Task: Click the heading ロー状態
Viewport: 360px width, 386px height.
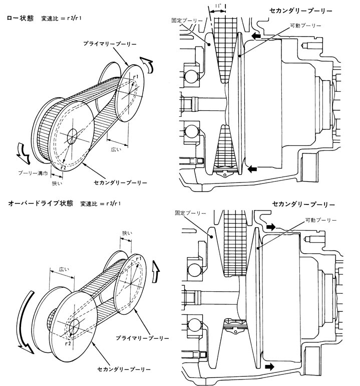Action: pyautogui.click(x=21, y=18)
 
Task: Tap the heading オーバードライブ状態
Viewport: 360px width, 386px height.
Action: pyautogui.click(x=41, y=204)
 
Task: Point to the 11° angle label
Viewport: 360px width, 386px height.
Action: pyautogui.click(x=217, y=6)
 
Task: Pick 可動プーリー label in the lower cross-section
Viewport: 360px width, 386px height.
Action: pyautogui.click(x=321, y=220)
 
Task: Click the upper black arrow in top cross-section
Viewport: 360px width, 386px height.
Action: pyautogui.click(x=256, y=37)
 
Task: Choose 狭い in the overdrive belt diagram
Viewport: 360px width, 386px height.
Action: pyautogui.click(x=127, y=233)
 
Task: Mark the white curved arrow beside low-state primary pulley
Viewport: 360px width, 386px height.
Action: pyautogui.click(x=148, y=65)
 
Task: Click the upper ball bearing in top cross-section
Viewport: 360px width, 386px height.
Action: pyautogui.click(x=191, y=76)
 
